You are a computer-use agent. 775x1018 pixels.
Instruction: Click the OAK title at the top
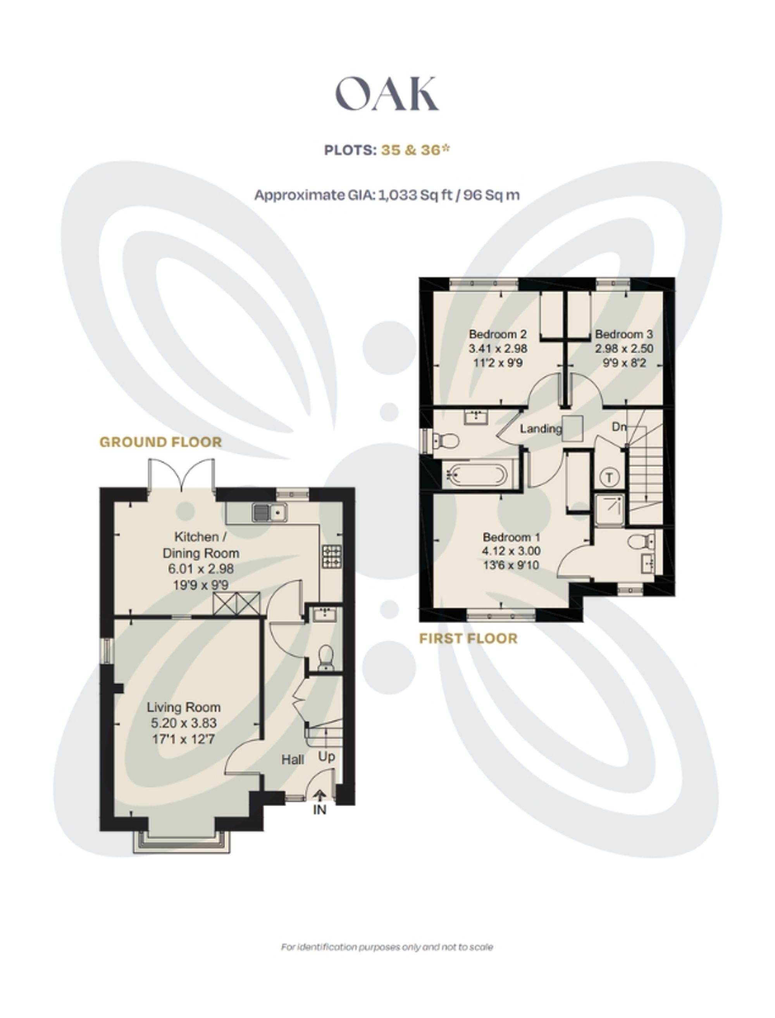[387, 94]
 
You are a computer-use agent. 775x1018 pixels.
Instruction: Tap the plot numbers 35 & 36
[415, 150]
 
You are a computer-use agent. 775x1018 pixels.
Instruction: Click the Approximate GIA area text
[387, 195]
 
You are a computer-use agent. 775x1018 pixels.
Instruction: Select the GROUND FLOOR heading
[160, 442]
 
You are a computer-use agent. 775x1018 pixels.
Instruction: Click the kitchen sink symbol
[270, 512]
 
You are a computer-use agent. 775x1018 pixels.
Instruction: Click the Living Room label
[184, 707]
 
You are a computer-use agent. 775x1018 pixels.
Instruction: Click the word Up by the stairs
[326, 757]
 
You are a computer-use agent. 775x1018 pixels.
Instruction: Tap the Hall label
[293, 759]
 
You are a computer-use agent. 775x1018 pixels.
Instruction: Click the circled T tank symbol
[610, 477]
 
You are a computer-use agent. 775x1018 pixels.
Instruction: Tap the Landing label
[540, 429]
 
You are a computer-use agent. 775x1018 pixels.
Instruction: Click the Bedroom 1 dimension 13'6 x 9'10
[511, 565]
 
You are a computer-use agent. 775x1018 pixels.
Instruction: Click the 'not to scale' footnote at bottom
[387, 947]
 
